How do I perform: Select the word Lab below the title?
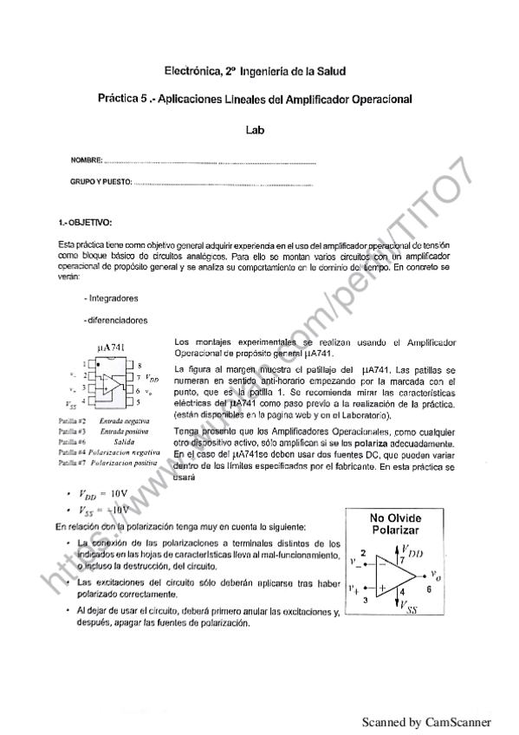point(257,129)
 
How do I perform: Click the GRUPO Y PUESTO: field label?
point(101,183)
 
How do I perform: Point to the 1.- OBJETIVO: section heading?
point(84,224)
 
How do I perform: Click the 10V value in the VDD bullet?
point(114,493)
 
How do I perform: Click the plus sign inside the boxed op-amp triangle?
point(381,587)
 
